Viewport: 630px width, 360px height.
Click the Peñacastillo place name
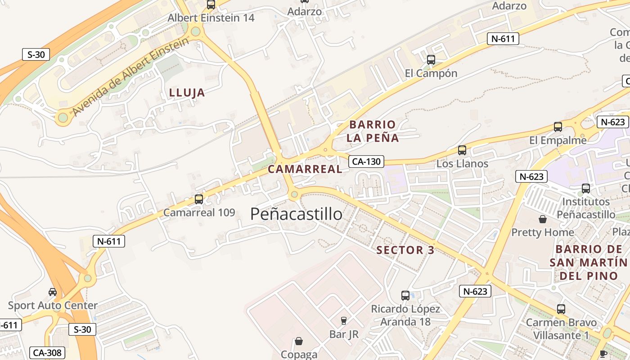(x=296, y=214)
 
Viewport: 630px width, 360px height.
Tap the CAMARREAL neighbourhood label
(x=305, y=169)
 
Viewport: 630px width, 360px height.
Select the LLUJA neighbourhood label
(x=187, y=93)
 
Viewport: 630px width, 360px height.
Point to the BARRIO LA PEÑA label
(x=373, y=131)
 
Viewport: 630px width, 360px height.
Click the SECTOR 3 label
(x=405, y=250)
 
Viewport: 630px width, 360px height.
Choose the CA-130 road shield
(x=366, y=162)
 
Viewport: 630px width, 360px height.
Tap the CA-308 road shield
(x=47, y=353)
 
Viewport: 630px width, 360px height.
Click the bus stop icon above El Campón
(x=431, y=59)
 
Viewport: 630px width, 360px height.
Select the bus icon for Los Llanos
(x=462, y=150)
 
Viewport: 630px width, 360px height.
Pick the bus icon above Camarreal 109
(x=199, y=199)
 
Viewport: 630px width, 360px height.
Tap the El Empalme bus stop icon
(x=558, y=127)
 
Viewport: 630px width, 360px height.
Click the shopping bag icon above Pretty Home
(x=543, y=219)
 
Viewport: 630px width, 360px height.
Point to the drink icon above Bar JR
(x=344, y=321)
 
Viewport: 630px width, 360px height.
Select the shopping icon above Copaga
(x=299, y=341)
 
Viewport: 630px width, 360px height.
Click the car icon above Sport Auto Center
(x=53, y=292)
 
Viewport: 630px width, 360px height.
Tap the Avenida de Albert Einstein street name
(x=130, y=76)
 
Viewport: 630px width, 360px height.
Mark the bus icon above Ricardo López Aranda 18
(x=405, y=296)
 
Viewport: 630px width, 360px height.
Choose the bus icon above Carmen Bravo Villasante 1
(x=561, y=309)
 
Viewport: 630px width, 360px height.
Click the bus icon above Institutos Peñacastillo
(x=586, y=189)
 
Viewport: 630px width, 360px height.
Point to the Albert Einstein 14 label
(x=211, y=18)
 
